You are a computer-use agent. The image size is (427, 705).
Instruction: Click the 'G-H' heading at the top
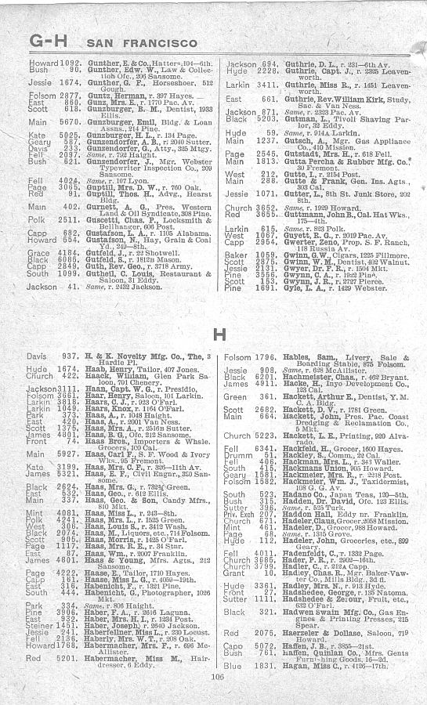49,37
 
